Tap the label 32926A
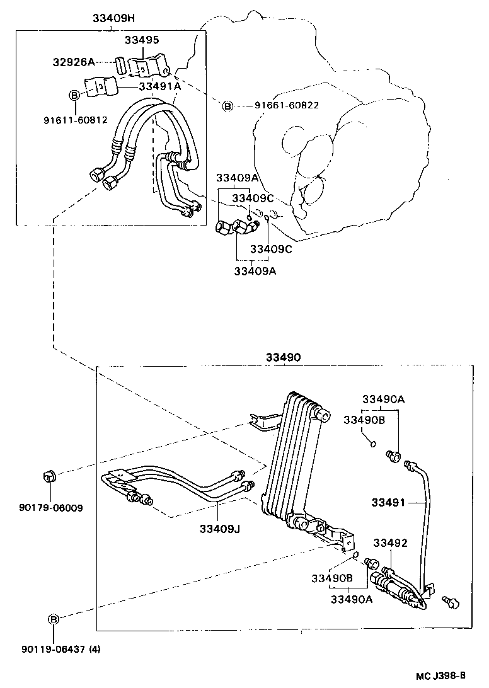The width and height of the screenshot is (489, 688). [x=73, y=62]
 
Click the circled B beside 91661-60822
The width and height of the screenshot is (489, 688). [x=227, y=105]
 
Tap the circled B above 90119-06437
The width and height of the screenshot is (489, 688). [x=54, y=619]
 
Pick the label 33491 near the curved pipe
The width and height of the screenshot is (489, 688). [x=389, y=502]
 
